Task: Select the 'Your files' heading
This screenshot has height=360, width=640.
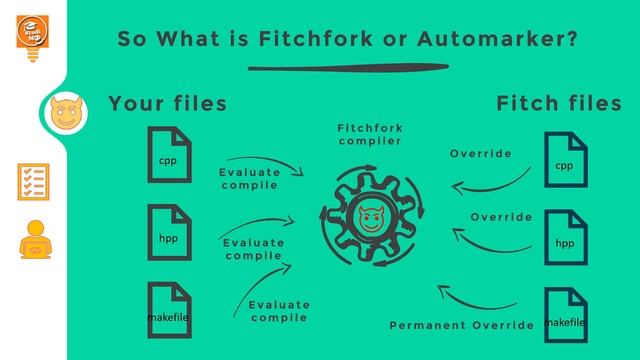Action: pyautogui.click(x=167, y=103)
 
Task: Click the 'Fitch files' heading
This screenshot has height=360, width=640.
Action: pyautogui.click(x=559, y=103)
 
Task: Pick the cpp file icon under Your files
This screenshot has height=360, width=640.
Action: pyautogui.click(x=167, y=155)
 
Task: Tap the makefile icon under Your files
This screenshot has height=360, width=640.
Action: pyautogui.click(x=167, y=312)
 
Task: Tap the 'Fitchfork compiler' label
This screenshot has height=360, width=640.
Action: pyautogui.click(x=370, y=134)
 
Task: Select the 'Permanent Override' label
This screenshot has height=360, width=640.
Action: pyautogui.click(x=461, y=326)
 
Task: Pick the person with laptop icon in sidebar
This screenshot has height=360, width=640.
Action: pyautogui.click(x=34, y=241)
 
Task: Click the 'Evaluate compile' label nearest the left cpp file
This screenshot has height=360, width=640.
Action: pyautogui.click(x=249, y=178)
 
